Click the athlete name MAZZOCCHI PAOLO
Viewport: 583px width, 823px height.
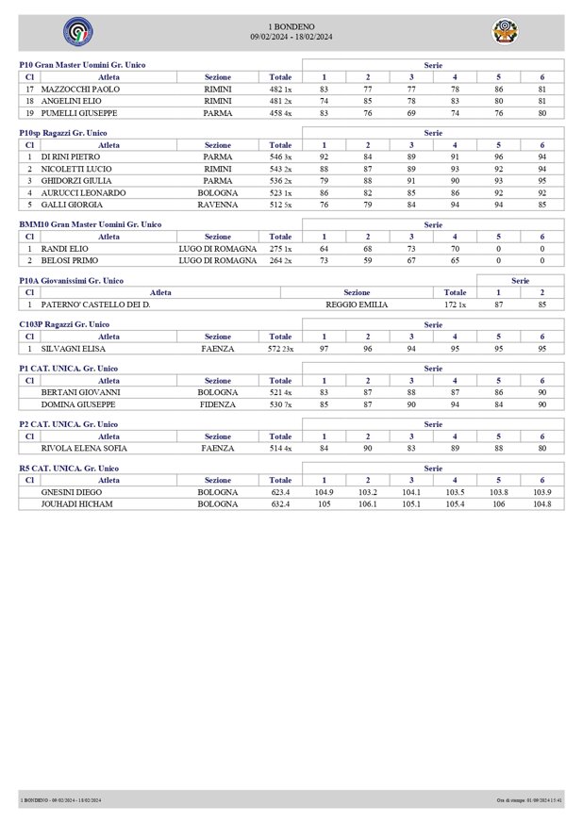(x=80, y=89)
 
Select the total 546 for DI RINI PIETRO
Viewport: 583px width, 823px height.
(x=277, y=156)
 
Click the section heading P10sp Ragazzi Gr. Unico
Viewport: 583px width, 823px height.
(x=63, y=134)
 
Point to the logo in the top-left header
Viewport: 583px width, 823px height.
(x=77, y=32)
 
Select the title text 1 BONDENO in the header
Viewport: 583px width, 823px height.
(x=291, y=26)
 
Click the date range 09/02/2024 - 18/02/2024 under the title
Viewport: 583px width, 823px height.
(x=291, y=36)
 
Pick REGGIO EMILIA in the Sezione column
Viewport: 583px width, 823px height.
(x=357, y=305)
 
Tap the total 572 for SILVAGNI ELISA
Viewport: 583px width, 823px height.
(x=277, y=348)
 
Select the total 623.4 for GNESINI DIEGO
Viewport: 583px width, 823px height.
(x=280, y=492)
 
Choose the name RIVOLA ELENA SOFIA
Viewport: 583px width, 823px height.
(x=84, y=448)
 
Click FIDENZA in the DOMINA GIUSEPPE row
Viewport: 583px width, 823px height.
(x=218, y=403)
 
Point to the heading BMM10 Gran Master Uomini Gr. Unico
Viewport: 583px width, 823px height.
(x=91, y=224)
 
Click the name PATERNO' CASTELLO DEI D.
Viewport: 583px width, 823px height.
(x=96, y=305)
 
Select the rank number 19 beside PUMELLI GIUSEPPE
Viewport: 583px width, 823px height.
(x=30, y=112)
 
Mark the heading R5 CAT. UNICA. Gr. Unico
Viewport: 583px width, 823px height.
(x=70, y=468)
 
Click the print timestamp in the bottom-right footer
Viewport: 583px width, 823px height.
(x=529, y=800)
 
